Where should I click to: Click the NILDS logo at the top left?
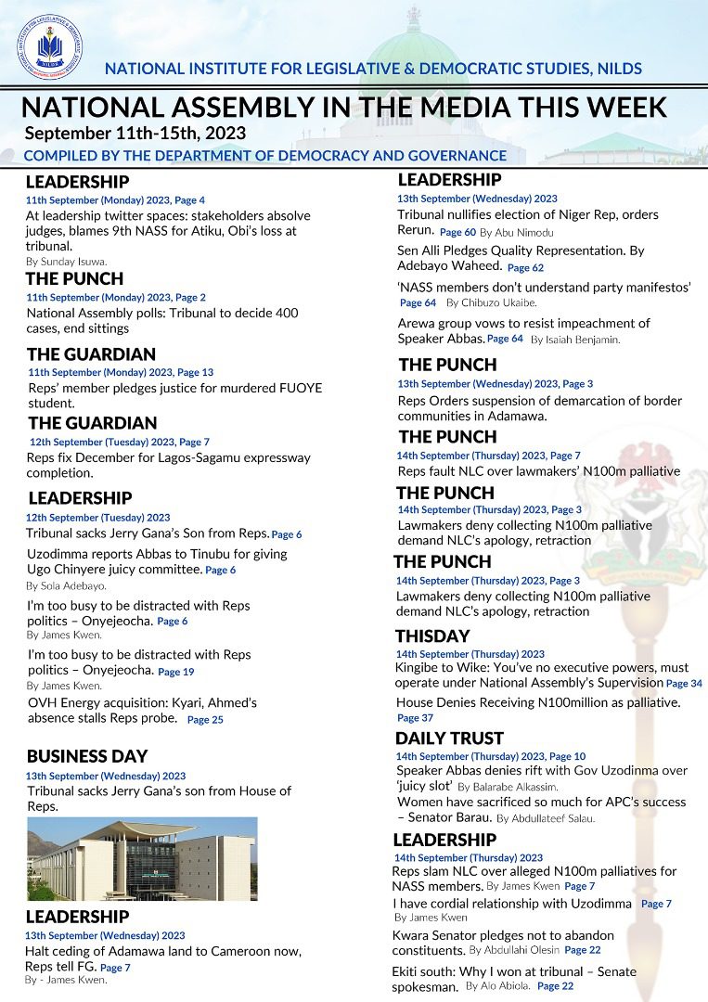tap(48, 47)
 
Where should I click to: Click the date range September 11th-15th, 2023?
tap(135, 133)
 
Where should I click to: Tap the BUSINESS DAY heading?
tap(87, 756)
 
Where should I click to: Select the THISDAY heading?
tap(432, 636)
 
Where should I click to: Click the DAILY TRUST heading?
tap(449, 739)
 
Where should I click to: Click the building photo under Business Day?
tap(142, 858)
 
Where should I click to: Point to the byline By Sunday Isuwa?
tap(66, 262)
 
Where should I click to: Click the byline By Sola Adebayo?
tap(66, 586)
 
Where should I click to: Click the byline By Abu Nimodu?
tap(516, 232)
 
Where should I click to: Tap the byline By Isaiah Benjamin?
tap(575, 340)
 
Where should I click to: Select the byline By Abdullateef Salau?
tap(546, 819)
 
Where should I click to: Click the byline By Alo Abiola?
tap(498, 986)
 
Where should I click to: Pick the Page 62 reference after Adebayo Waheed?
tap(525, 268)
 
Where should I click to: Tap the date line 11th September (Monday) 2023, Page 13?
tap(121, 372)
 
